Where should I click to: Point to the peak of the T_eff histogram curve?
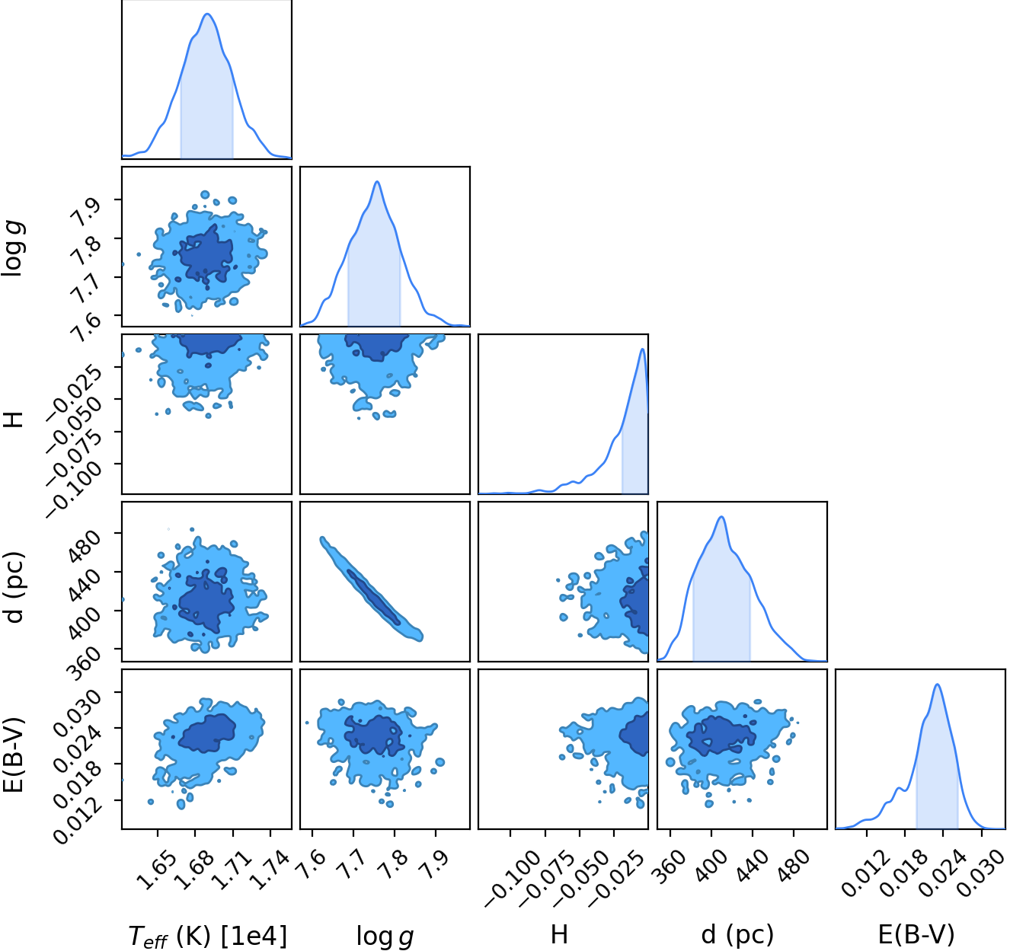click(x=207, y=14)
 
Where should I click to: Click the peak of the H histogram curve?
click(x=642, y=349)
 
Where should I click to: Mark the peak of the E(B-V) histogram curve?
click(x=937, y=684)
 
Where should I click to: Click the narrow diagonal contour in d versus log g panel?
click(x=371, y=589)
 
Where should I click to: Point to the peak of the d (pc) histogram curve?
click(x=721, y=517)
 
